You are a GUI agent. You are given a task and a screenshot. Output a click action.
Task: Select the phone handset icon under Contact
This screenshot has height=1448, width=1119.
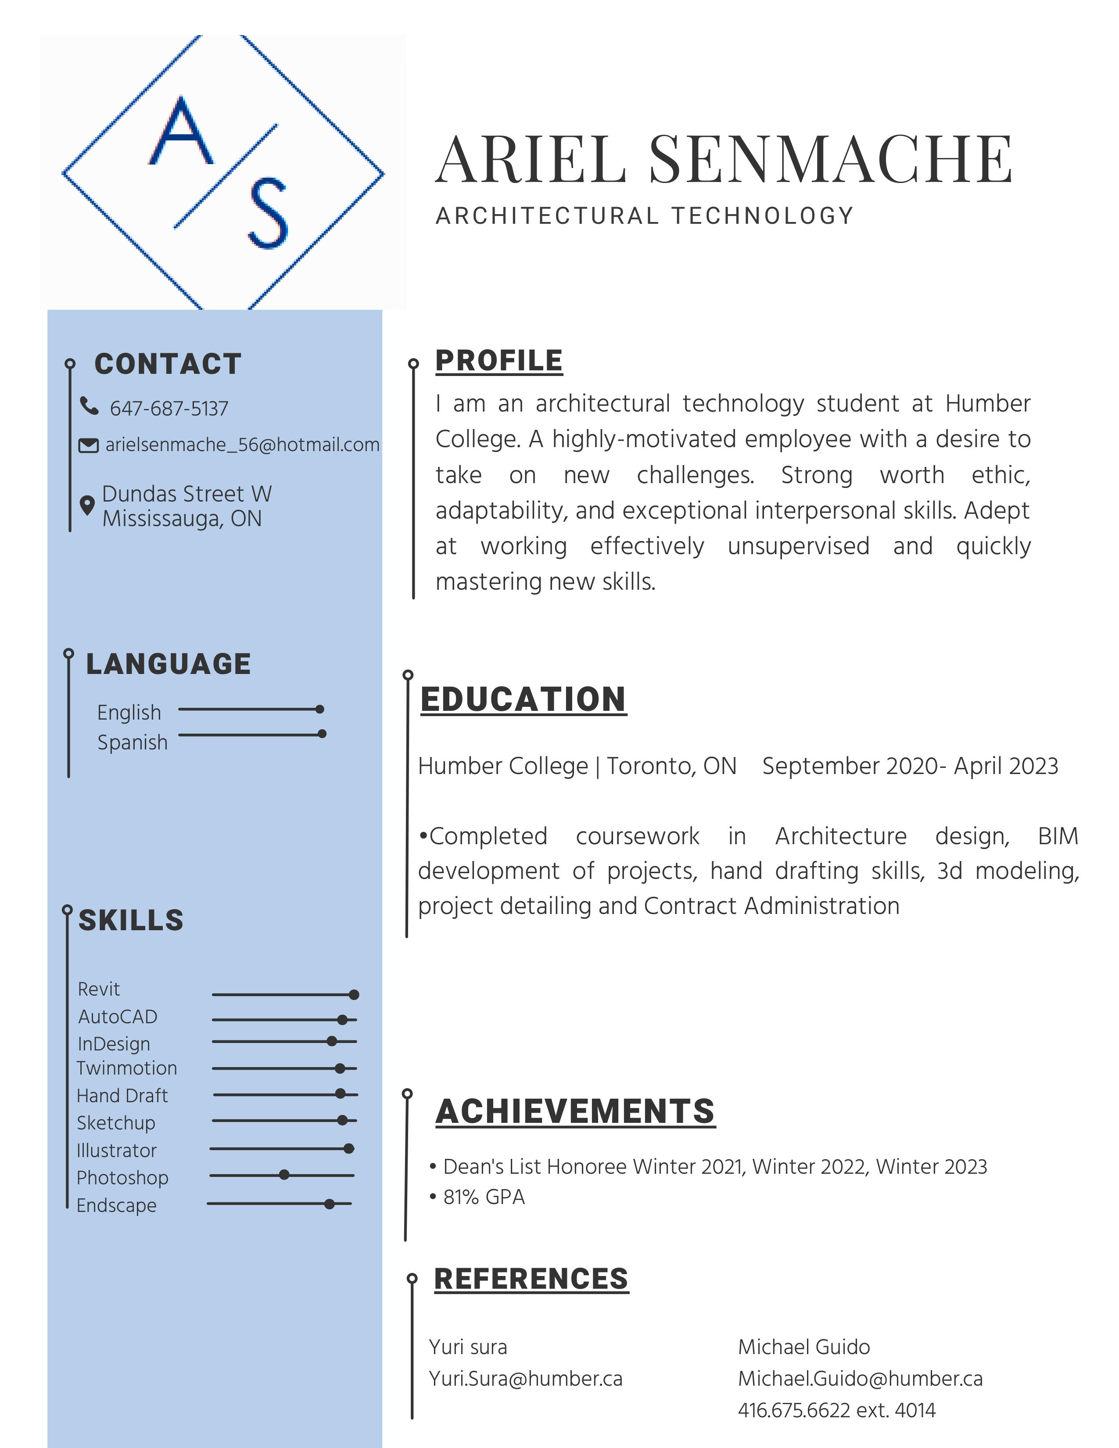pos(89,406)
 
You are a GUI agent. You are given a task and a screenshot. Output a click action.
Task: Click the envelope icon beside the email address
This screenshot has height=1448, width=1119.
pos(88,445)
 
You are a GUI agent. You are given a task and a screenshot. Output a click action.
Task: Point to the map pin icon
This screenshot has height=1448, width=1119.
pos(87,505)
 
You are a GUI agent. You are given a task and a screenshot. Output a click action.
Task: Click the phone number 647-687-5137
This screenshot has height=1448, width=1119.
pos(169,409)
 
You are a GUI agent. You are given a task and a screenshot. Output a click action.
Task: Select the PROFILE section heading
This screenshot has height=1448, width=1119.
pos(499,361)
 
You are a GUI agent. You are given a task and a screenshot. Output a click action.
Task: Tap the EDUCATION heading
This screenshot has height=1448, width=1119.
pos(523,699)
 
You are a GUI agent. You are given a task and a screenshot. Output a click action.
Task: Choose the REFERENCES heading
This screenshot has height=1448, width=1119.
pos(531,1279)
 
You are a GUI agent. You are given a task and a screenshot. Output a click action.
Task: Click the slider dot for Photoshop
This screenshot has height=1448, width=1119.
pos(284,1175)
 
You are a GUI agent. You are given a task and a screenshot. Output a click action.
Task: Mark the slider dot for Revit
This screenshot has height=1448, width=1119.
pos(354,994)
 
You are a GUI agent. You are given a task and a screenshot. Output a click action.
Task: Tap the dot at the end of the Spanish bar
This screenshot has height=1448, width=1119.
pos(322,733)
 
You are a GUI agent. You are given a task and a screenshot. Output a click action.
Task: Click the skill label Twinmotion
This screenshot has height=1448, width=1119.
pos(127,1068)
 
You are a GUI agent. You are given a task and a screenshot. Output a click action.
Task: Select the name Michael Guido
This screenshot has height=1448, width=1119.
pos(803,1347)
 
